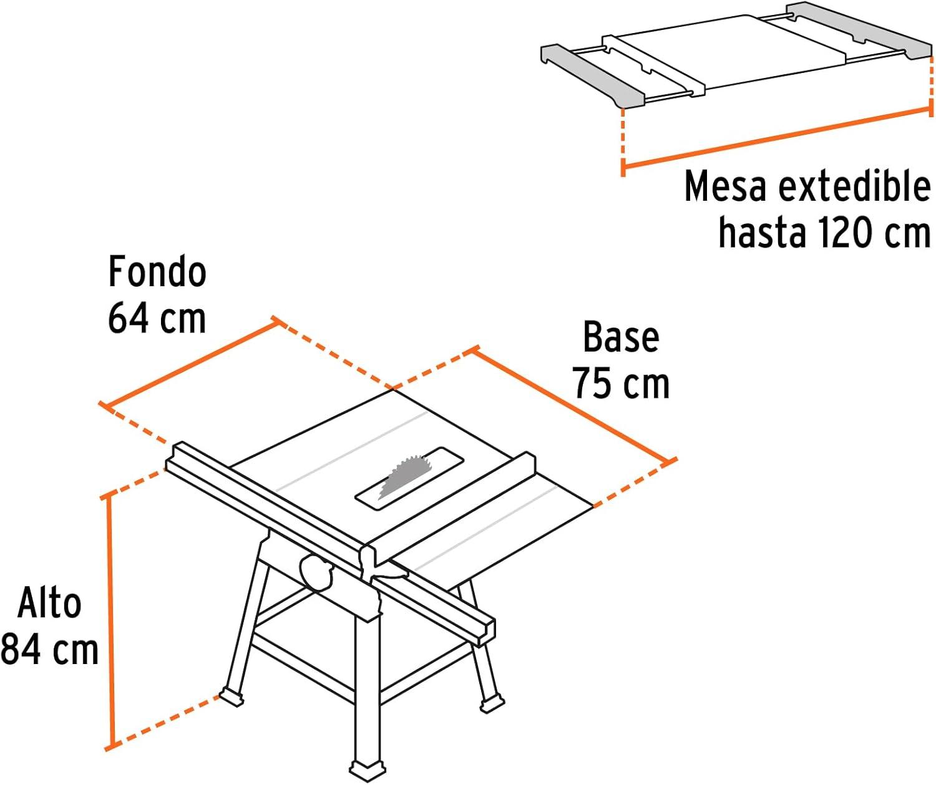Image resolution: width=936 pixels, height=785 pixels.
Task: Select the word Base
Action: point(621,337)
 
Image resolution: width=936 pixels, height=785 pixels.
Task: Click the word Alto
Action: point(49,603)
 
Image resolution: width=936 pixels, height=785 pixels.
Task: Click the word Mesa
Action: point(725,186)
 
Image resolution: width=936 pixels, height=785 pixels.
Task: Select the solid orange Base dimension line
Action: point(573,406)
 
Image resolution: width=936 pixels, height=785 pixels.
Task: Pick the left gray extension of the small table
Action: point(594,74)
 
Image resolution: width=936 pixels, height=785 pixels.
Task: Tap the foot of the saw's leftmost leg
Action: point(232,697)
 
